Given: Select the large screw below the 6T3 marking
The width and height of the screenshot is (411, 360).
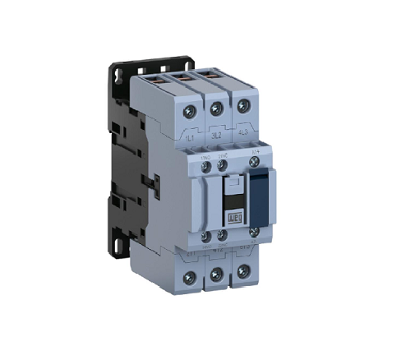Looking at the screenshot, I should point(242,271).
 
